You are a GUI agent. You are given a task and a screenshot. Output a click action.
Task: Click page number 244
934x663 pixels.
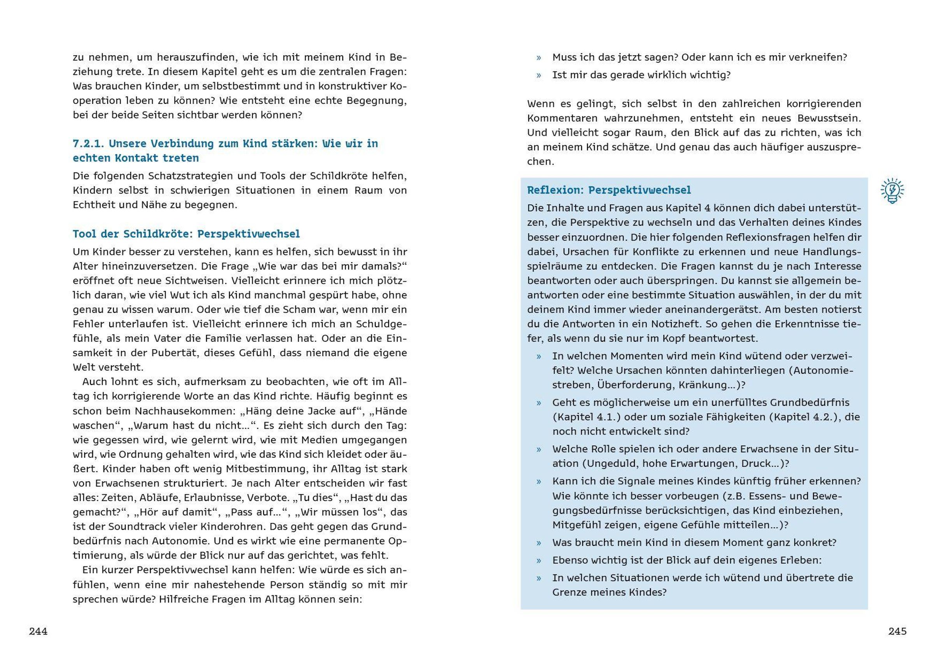pyautogui.click(x=38, y=631)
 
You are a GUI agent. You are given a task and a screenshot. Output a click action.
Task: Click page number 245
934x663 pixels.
pyautogui.click(x=897, y=631)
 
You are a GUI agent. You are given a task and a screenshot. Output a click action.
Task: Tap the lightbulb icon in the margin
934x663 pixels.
pyautogui.click(x=892, y=191)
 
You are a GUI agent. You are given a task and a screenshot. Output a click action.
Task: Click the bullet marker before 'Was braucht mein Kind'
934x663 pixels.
pyautogui.click(x=539, y=543)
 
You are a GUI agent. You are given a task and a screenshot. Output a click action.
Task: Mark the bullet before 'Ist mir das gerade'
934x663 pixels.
pyautogui.click(x=539, y=75)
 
